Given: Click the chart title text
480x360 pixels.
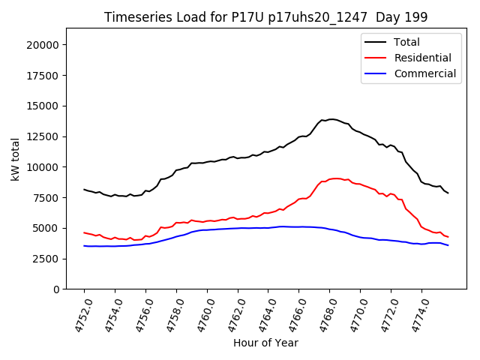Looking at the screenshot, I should point(265,17).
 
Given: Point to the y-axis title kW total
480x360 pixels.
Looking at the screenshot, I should point(15,158).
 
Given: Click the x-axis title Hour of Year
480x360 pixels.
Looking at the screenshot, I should point(265,343).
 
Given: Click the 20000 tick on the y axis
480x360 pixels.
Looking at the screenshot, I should point(43,45).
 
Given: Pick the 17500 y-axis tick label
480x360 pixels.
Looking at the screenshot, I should point(43,76).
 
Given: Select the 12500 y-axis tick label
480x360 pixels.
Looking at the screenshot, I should point(43,136).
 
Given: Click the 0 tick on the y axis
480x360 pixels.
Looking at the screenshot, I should point(56,289).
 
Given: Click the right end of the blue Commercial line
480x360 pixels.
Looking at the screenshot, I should point(448,245).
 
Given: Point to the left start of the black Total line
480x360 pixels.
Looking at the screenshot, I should point(84,190).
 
